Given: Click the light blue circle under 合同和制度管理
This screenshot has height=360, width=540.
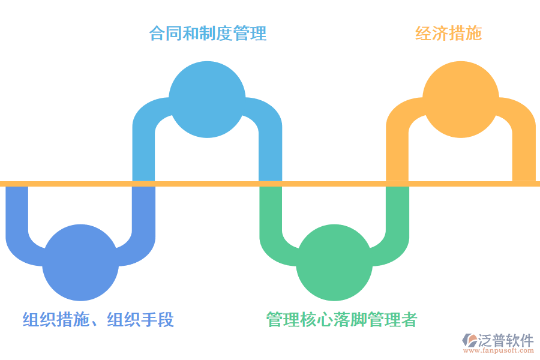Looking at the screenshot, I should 207,99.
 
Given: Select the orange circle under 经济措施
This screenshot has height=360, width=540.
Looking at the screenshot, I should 461,99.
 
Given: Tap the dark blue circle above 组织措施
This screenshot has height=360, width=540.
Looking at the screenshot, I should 80,263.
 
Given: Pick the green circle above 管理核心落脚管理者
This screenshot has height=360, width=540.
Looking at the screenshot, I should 334,263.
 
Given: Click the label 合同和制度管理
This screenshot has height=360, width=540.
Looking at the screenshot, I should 208,33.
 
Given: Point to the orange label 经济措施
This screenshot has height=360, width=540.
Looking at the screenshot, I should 449,33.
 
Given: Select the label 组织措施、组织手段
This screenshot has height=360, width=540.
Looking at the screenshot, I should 98,320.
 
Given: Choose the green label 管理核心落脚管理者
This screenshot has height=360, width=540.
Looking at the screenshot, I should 341,320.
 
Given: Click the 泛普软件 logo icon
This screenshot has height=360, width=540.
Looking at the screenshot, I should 469,341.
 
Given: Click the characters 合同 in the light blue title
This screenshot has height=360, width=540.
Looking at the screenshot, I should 165,33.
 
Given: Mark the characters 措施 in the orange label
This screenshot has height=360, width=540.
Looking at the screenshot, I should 465,33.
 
